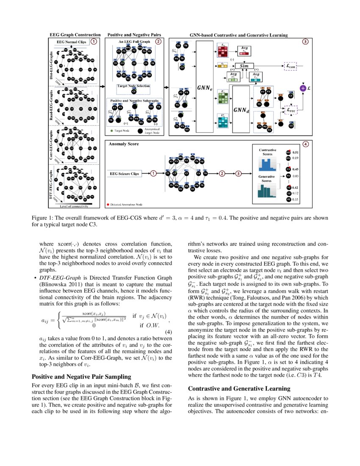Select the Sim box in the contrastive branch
pos(244,66)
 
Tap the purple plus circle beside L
pos(303,88)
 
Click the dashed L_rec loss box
pos(292,110)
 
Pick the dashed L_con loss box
pos(292,66)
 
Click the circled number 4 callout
pos(306,144)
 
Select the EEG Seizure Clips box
pos(124,173)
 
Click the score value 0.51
pos(296,152)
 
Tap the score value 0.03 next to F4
pos(296,175)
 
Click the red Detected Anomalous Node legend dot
pos(108,205)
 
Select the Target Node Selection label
pos(133,86)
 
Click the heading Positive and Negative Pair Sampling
pos(81,376)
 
